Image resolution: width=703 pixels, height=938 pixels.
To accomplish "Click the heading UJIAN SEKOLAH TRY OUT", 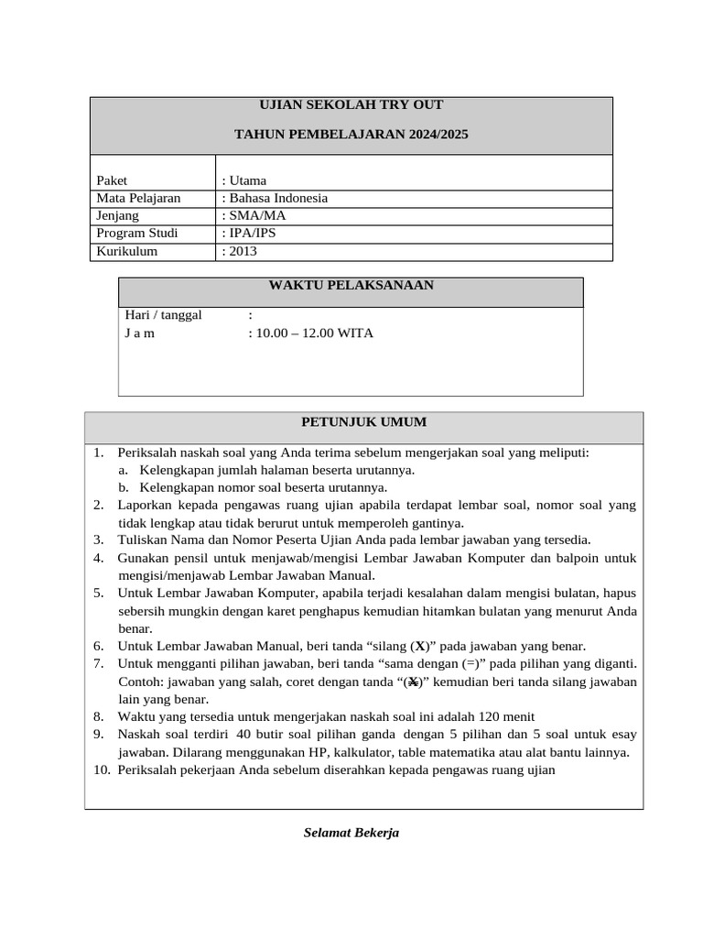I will [x=351, y=105].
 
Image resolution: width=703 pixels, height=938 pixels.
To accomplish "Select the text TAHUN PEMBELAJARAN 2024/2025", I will [x=351, y=135].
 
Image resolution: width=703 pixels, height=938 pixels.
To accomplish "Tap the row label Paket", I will [x=113, y=180].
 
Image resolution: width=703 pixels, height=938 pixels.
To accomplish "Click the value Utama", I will [x=247, y=180].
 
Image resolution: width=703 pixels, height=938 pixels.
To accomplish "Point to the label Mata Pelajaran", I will [x=138, y=198].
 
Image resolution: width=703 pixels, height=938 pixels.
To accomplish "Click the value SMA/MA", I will [x=257, y=215].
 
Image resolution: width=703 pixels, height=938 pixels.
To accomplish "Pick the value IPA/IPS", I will [x=252, y=233].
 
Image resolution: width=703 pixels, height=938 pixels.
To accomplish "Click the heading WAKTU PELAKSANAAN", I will [x=351, y=286].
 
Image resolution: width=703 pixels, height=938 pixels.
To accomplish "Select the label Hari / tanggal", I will [x=163, y=315].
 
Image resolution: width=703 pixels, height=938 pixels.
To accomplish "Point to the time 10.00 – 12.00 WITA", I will [x=314, y=333].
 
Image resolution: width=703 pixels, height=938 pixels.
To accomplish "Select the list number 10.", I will [x=101, y=769].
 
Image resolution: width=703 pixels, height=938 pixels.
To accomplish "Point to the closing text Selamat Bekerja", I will [x=351, y=833].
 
